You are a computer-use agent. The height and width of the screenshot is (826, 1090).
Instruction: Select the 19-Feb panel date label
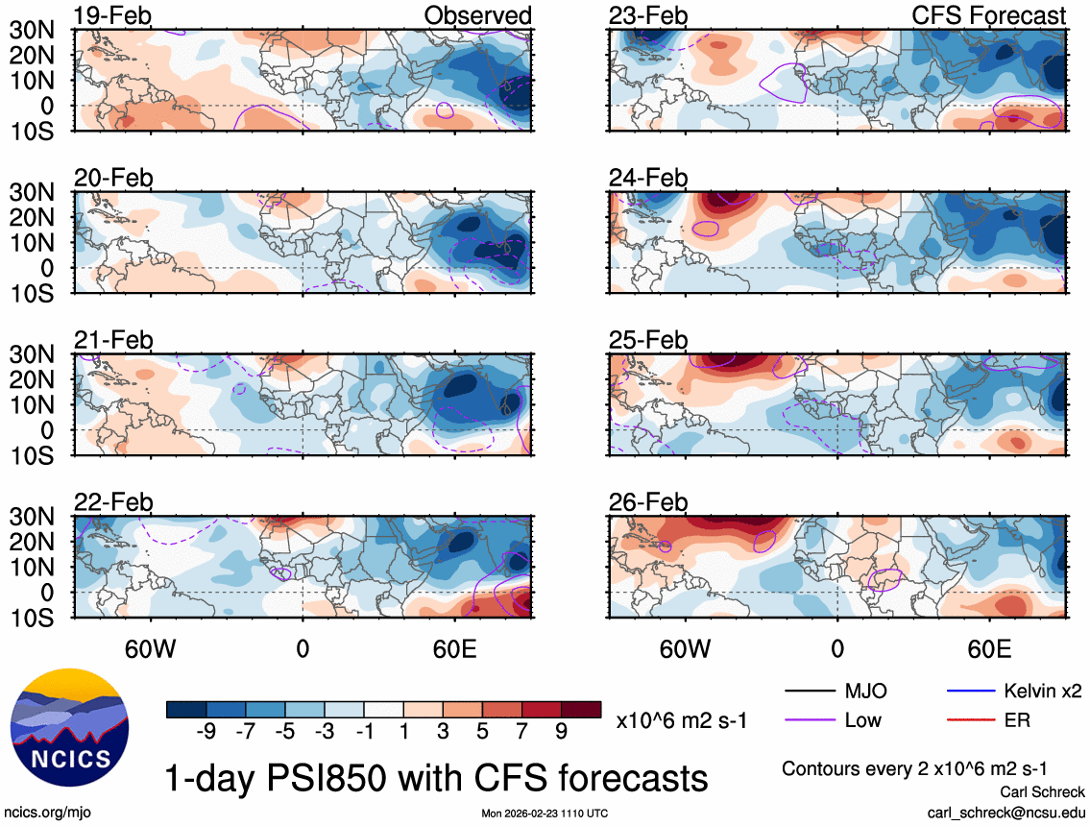pyautogui.click(x=114, y=16)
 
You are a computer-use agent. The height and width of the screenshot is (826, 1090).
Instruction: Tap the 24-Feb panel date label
pyautogui.click(x=648, y=179)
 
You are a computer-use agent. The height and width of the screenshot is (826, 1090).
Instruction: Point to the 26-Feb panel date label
pyautogui.click(x=648, y=503)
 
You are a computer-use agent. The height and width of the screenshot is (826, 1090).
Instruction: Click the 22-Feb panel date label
pyautogui.click(x=114, y=503)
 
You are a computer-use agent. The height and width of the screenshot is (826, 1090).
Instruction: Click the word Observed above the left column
pyautogui.click(x=477, y=16)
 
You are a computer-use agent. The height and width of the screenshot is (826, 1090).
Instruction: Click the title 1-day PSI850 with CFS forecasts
pyautogui.click(x=437, y=777)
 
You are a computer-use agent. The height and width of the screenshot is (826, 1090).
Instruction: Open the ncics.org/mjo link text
pyautogui.click(x=43, y=813)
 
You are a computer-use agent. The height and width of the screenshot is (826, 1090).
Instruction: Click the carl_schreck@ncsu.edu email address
pyautogui.click(x=1006, y=813)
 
